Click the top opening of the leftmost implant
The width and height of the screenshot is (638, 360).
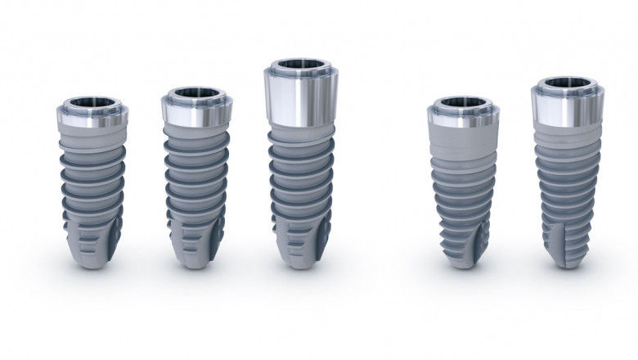(x=92, y=104)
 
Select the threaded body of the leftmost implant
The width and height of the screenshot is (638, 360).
(x=92, y=180)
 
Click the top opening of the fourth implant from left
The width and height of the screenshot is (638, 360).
(x=464, y=104)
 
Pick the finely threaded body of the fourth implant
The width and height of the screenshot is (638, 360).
(x=464, y=188)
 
